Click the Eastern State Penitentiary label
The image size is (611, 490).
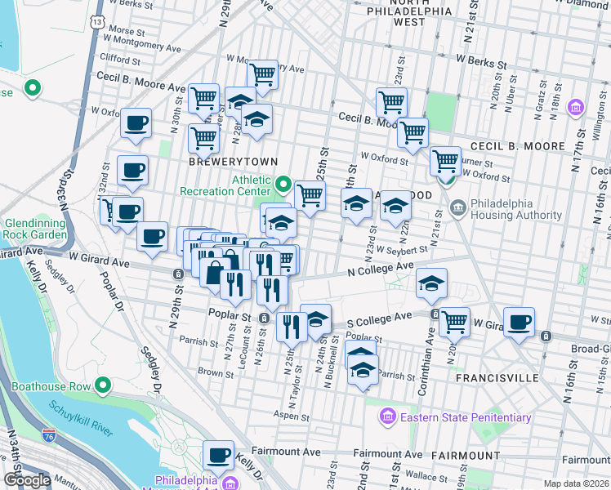[464, 418]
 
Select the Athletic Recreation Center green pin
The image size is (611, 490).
[283, 184]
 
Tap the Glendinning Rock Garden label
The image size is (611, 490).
[35, 229]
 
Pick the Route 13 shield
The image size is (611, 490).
[98, 20]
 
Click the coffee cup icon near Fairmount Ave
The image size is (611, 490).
[218, 455]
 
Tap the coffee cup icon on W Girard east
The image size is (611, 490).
[519, 322]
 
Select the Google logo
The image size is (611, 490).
[27, 480]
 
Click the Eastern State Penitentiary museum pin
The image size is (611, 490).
[387, 418]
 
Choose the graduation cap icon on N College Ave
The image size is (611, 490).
[432, 283]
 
